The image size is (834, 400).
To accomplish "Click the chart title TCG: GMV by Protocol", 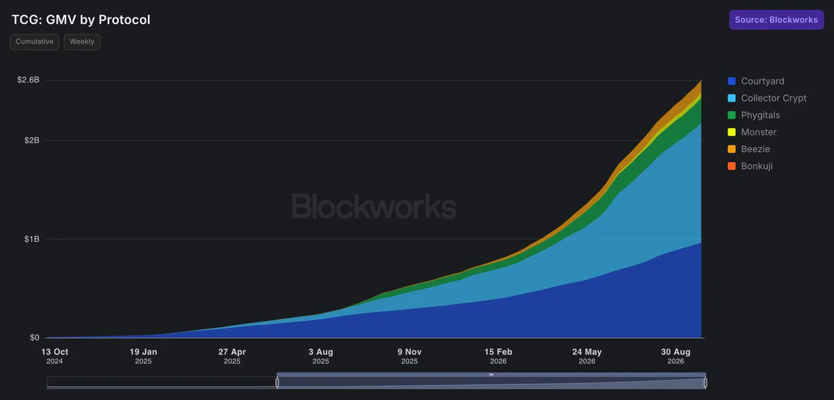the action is (81, 19).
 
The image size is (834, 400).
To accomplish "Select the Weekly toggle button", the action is (82, 42).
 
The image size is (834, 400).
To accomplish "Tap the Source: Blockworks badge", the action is (776, 19).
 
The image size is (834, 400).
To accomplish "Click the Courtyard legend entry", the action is (756, 81).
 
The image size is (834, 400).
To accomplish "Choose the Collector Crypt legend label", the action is (774, 98).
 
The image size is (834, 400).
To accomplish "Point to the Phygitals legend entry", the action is (753, 115).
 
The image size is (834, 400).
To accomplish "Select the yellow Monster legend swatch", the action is (732, 132).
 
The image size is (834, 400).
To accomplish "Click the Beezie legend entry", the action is (749, 149).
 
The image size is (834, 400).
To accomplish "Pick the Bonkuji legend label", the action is (757, 166).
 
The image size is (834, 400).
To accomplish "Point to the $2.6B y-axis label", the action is (28, 80).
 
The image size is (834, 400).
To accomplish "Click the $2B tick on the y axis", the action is (32, 140).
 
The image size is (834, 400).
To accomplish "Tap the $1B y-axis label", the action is (32, 239).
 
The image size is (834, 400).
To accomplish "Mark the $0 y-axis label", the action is (35, 337).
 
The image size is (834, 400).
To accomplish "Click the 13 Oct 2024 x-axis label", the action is (55, 356).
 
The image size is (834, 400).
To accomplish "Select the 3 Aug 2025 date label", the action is (321, 356).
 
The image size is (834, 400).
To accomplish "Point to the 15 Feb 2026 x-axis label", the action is (498, 356).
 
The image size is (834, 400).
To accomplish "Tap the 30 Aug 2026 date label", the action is (676, 356).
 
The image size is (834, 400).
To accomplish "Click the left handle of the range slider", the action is (277, 383).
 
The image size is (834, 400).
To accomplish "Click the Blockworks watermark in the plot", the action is (374, 206).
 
